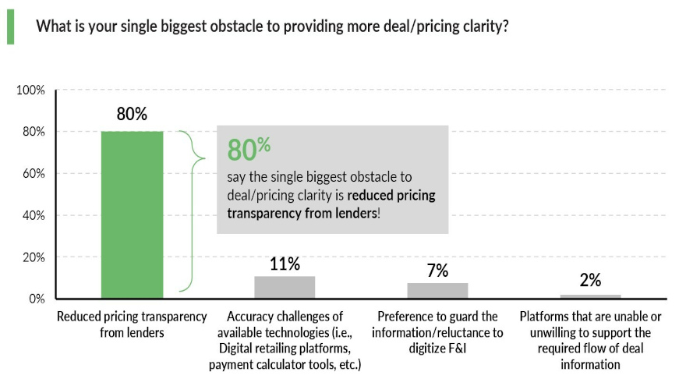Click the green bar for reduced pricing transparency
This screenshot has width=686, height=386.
[x=132, y=214]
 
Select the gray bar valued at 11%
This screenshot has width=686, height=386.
[x=285, y=287]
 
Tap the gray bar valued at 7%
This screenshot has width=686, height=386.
[x=437, y=290]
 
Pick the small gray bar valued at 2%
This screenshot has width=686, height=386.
[x=590, y=296]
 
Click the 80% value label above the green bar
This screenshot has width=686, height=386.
[x=132, y=114]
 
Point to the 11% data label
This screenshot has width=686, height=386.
[x=285, y=264]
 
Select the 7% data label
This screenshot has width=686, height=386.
[x=437, y=271]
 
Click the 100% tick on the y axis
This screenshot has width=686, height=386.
[x=31, y=90]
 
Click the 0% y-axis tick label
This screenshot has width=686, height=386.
[x=37, y=299]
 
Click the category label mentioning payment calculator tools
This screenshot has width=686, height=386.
[x=285, y=341]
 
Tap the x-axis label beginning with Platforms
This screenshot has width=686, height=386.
[x=590, y=341]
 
